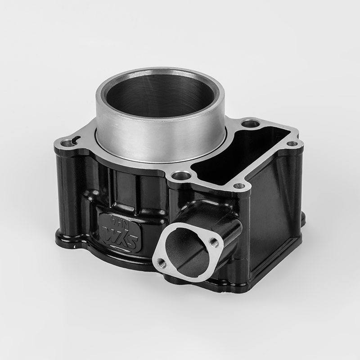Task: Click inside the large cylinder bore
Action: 160,97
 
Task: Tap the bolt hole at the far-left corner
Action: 67,143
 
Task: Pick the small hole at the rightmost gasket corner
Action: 295,144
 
